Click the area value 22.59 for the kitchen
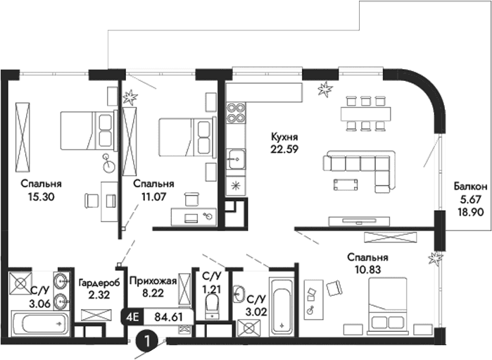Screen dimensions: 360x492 click(285, 148)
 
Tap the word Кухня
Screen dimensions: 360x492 click(285, 136)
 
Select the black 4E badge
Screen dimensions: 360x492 click(132, 316)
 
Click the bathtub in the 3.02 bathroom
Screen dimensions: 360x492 click(282, 308)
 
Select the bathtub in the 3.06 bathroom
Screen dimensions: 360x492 click(40, 325)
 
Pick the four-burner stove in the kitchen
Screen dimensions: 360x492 click(235, 113)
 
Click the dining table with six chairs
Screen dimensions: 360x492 click(365, 113)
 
